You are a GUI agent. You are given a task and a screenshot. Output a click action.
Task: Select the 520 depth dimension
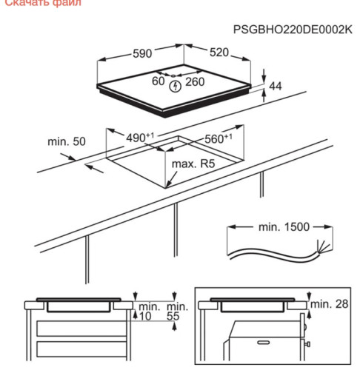click(218, 53)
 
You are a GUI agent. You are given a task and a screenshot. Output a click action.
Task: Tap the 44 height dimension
click(276, 87)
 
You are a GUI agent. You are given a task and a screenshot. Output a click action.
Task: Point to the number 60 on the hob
click(157, 81)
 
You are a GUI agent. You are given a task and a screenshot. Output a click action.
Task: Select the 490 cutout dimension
click(139, 138)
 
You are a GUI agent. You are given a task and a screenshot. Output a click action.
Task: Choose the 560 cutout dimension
click(219, 138)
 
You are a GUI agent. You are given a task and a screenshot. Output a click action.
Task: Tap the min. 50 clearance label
click(67, 141)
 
